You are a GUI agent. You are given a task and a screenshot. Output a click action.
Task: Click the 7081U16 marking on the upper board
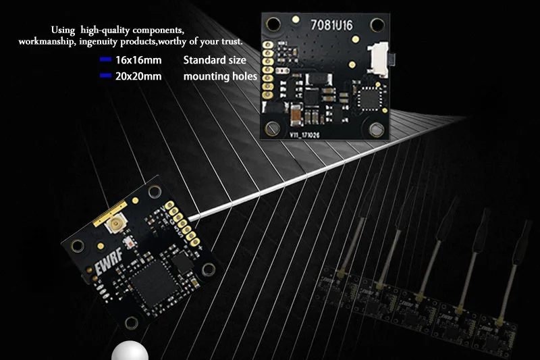[x=333, y=26]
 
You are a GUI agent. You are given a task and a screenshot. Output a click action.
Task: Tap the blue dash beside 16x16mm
[x=105, y=60]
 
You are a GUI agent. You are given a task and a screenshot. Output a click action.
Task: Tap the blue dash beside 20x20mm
[x=105, y=76]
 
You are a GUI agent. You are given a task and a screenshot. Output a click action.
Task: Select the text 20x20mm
[x=138, y=76]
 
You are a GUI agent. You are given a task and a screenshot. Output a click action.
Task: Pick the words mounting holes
[x=220, y=76]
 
